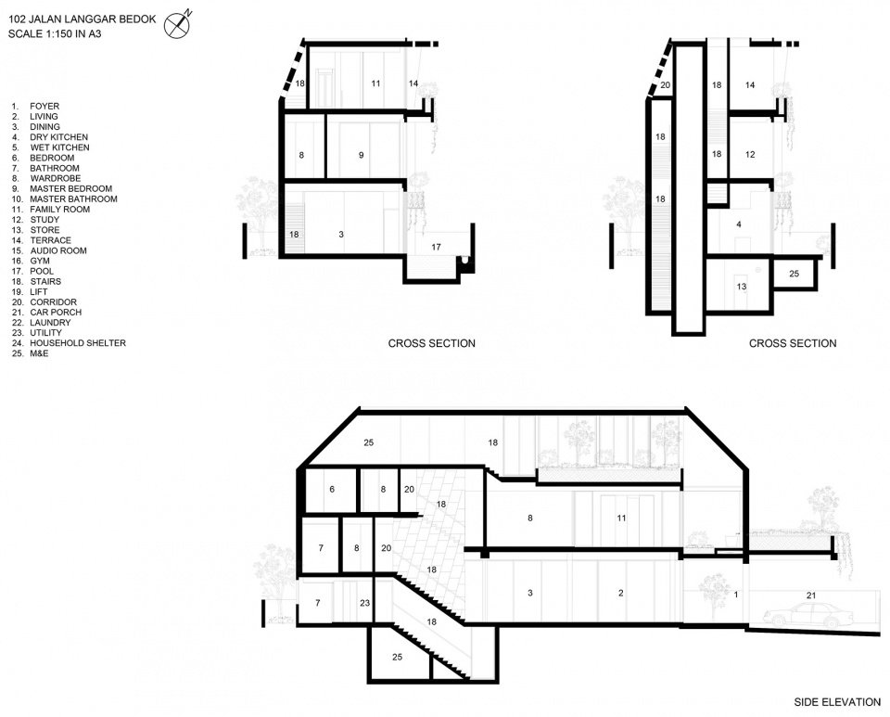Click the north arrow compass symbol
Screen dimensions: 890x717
176,24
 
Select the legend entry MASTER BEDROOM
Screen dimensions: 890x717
71,188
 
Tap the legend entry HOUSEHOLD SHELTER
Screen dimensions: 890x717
78,343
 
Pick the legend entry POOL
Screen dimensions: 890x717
42,271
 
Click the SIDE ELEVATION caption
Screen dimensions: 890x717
837,702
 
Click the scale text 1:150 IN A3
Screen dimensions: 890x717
73,33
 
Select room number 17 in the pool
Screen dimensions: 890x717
436,247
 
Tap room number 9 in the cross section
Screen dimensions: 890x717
361,155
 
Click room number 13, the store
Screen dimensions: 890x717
742,286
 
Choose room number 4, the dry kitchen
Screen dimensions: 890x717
739,224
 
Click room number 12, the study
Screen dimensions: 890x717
750,154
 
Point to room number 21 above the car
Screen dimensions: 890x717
811,595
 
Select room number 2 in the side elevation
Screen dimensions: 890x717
621,593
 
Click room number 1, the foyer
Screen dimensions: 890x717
736,595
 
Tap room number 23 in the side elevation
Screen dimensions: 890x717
365,603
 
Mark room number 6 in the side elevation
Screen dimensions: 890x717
332,489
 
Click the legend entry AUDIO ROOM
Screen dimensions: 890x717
58,250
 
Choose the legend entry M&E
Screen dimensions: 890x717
39,353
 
